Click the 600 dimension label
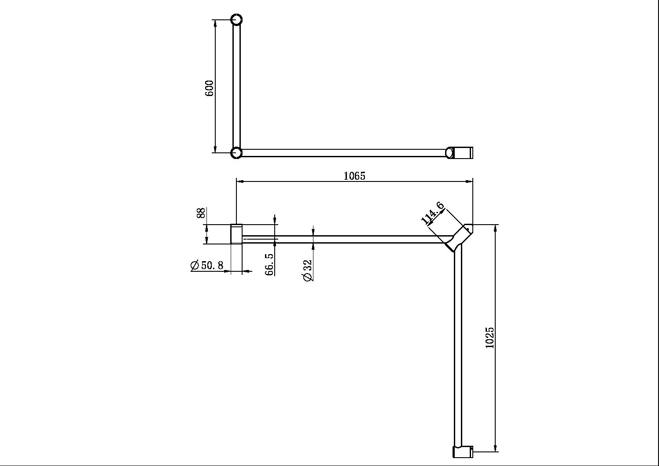tap(210, 88)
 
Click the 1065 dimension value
tap(354, 176)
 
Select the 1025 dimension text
tap(490, 338)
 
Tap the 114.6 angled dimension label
tap(432, 213)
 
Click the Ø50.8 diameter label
tap(207, 266)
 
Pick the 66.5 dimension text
tap(269, 264)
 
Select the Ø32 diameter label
tap(307, 270)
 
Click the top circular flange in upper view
tap(236, 20)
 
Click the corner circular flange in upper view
tap(236, 153)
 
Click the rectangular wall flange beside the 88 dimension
tap(236, 234)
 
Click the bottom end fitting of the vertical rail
tap(463, 452)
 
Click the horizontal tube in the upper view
tap(343, 153)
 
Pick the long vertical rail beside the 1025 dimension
tap(458, 348)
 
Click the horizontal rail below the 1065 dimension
tap(343, 239)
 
